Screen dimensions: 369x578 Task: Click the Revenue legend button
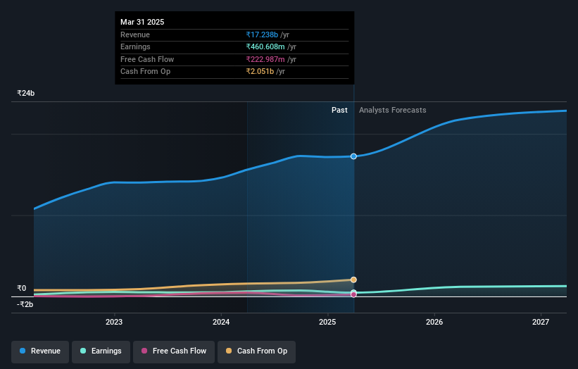(x=40, y=351)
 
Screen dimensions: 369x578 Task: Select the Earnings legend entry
(x=101, y=351)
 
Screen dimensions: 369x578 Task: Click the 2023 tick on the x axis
(x=114, y=322)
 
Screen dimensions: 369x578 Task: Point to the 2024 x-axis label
(x=221, y=322)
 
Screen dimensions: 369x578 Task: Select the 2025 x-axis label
(x=327, y=322)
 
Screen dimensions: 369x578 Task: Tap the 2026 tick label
(x=434, y=322)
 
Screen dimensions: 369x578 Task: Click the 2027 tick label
(x=541, y=322)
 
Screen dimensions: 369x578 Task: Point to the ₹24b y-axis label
(x=26, y=93)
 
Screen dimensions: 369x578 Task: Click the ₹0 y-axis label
(x=21, y=288)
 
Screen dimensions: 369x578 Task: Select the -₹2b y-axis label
(x=26, y=304)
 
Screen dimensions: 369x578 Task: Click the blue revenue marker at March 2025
(x=353, y=156)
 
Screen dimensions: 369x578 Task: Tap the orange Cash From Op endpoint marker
(x=353, y=280)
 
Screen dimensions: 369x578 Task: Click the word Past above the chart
(x=339, y=110)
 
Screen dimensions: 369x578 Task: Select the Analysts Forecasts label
(x=392, y=110)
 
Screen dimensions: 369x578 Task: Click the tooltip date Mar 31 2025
(x=142, y=22)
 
